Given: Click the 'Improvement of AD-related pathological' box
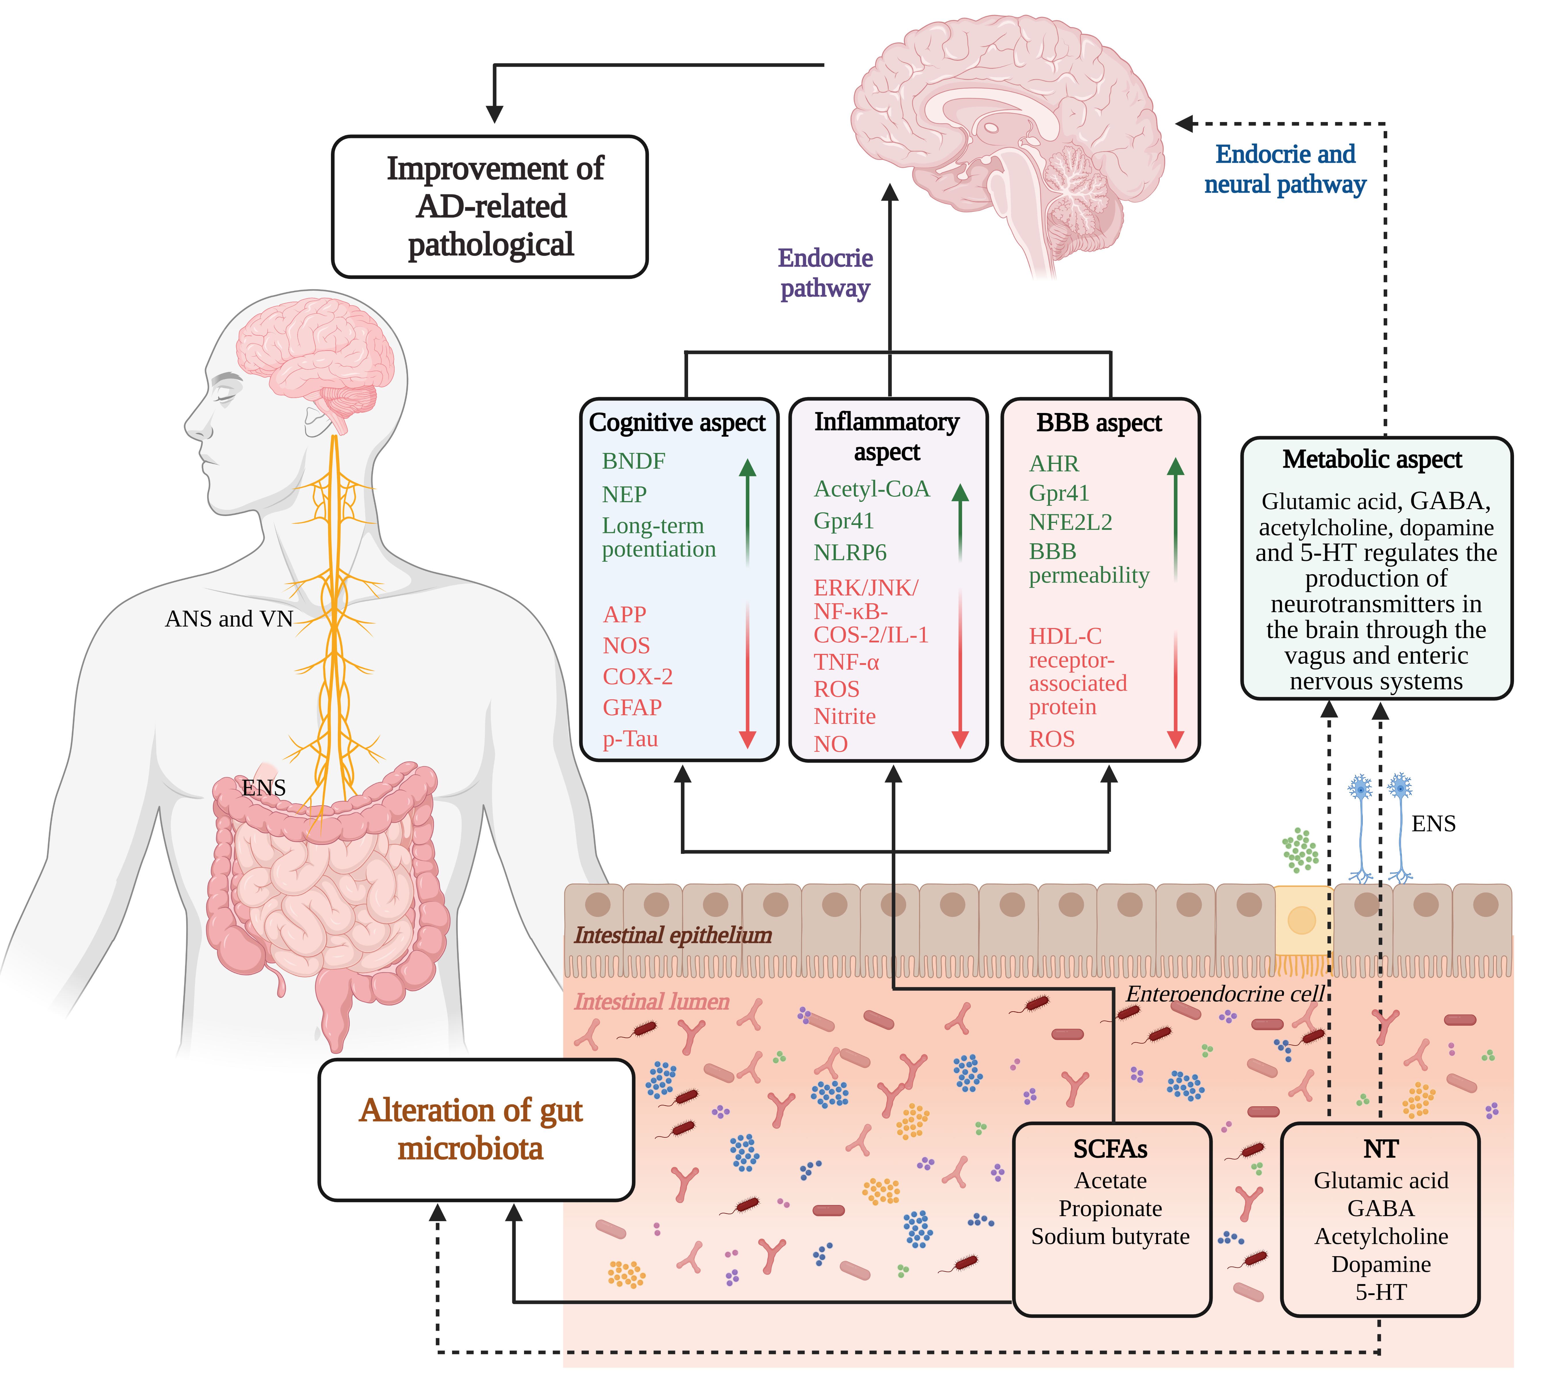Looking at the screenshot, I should coord(490,207).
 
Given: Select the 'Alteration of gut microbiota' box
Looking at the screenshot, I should coord(476,1129).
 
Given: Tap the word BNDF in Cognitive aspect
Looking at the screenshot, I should coord(633,461).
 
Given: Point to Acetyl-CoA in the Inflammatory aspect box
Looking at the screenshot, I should coord(871,489).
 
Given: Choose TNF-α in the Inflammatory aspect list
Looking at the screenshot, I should coord(846,662).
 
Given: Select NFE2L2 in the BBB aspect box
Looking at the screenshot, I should coord(1070,522).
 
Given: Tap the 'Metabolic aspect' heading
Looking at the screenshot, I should coord(1371,459).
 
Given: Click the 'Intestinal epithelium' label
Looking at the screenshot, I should coord(673,935).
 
